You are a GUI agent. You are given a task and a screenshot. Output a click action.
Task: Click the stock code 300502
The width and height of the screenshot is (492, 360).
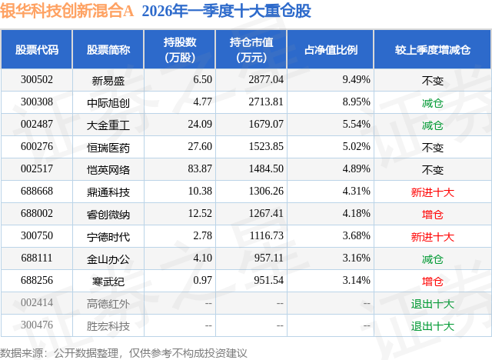(37, 79)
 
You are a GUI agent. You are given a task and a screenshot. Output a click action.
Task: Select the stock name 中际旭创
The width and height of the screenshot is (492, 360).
(108, 102)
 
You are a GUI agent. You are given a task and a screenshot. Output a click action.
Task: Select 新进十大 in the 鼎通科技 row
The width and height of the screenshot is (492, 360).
(433, 191)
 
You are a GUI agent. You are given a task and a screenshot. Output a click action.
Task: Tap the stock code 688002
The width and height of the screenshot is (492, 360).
(37, 213)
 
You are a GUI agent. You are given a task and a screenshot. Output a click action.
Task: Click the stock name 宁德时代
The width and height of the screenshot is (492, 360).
(108, 235)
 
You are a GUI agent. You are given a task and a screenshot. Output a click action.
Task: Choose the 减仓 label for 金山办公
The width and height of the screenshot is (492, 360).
(433, 258)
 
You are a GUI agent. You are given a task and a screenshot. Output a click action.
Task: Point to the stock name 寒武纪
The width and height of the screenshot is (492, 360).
(108, 281)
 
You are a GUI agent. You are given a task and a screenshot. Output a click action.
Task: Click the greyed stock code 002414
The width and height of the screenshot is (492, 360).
(37, 303)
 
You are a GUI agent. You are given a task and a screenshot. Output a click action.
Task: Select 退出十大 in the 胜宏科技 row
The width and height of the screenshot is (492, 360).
(433, 325)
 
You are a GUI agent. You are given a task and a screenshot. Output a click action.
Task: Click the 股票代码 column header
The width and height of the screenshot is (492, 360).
(37, 49)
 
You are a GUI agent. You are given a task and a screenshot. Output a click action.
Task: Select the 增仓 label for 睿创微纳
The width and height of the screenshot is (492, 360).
(433, 213)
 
